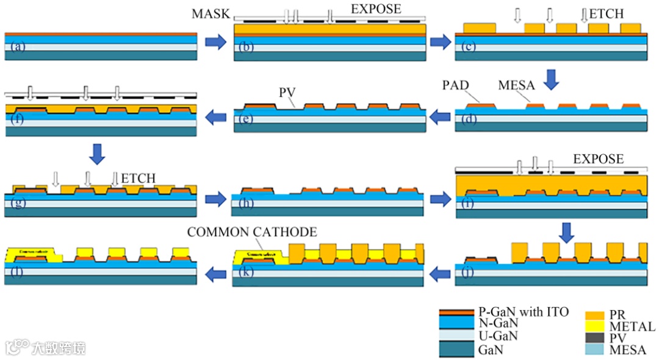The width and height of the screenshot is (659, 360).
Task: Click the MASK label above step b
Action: click(210, 13)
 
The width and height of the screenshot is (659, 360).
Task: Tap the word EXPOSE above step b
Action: click(376, 9)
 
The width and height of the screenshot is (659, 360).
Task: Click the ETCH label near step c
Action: click(605, 13)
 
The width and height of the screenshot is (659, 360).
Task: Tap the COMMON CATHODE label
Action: click(252, 232)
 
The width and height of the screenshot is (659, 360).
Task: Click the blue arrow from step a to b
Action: click(215, 42)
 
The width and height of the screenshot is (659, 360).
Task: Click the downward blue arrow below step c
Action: click(552, 79)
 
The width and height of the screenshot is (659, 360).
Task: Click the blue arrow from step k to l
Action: click(215, 275)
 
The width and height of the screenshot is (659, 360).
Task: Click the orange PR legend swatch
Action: click(596, 315)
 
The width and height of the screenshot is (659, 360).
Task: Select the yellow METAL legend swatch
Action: click(596, 326)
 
